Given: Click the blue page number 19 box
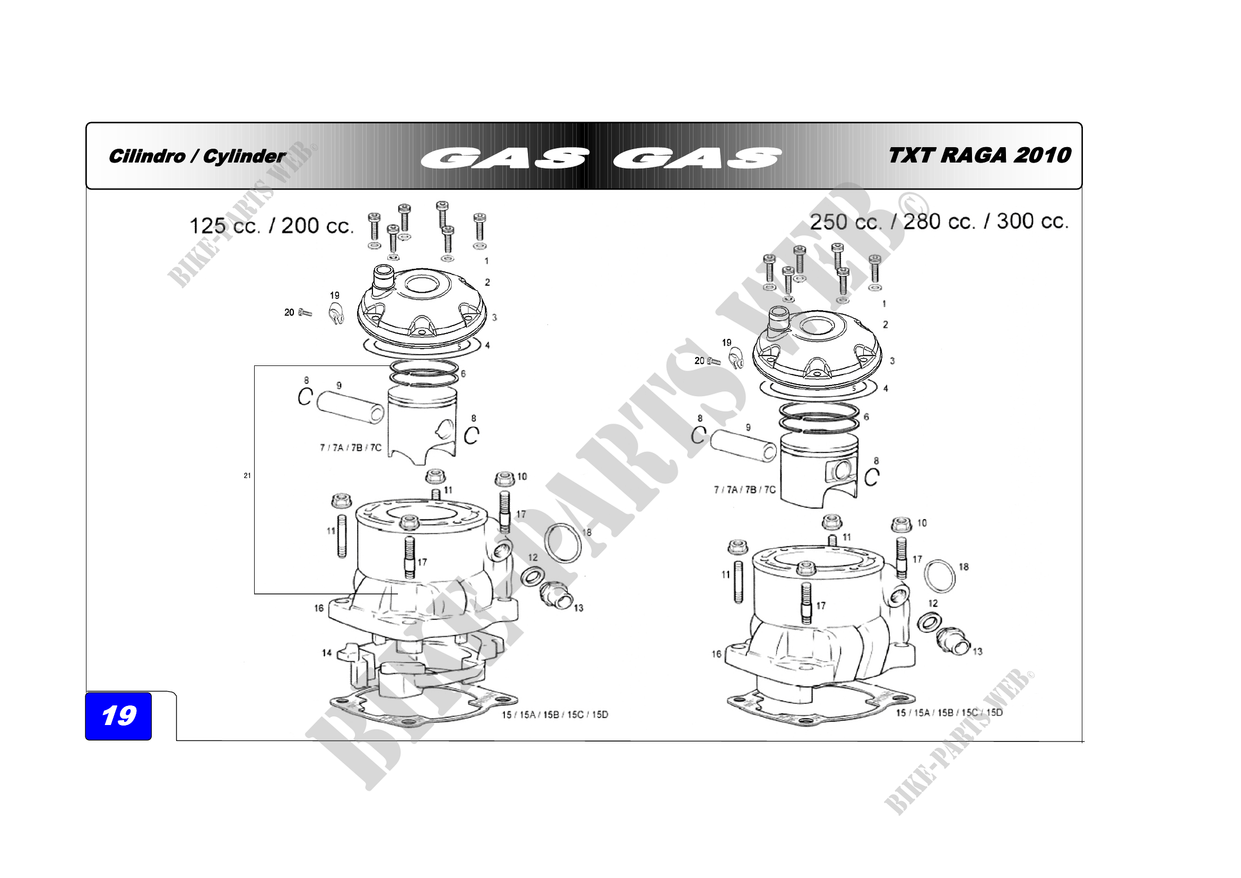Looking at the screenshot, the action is click(x=118, y=715).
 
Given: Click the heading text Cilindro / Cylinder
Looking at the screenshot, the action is click(x=197, y=156).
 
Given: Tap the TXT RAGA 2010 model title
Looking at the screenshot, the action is click(x=979, y=155).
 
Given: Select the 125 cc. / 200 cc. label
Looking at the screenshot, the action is click(x=271, y=226).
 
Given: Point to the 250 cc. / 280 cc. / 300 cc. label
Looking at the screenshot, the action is click(x=939, y=221).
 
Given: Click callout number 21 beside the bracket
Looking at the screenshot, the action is click(x=247, y=475).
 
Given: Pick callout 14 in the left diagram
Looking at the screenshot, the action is click(x=326, y=653).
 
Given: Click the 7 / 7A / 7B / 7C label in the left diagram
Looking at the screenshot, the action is click(x=350, y=447).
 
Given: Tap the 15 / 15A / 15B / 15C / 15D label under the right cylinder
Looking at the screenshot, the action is click(x=949, y=712).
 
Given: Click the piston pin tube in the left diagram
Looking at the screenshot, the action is click(x=350, y=407).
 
